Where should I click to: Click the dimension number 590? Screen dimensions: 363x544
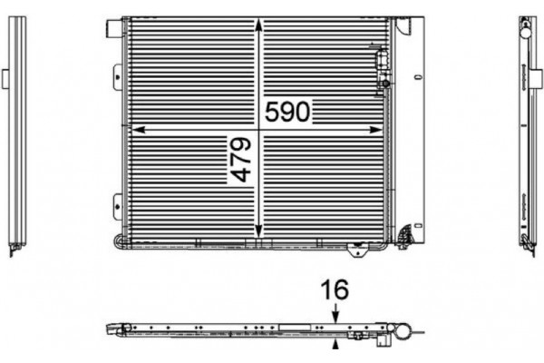point(288,112)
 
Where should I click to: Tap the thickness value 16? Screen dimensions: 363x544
point(335,290)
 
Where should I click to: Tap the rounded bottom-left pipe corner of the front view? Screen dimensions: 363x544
point(121,241)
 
